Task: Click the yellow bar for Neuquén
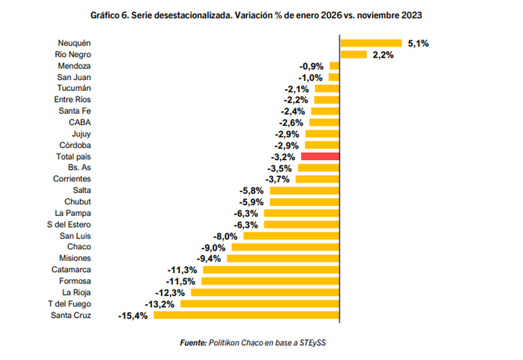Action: (371, 43)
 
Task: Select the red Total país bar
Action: (320, 156)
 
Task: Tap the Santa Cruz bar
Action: (247, 315)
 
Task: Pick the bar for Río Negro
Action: (353, 54)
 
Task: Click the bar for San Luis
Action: (291, 236)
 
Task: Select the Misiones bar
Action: (283, 258)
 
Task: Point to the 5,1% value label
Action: (418, 43)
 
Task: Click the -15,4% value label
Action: (133, 315)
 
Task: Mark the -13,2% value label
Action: (160, 304)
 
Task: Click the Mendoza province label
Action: (75, 66)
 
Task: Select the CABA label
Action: (80, 122)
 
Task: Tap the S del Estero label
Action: (69, 224)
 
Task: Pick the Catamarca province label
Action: (71, 270)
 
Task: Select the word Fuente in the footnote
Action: (193, 343)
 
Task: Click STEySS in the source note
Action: (313, 343)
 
